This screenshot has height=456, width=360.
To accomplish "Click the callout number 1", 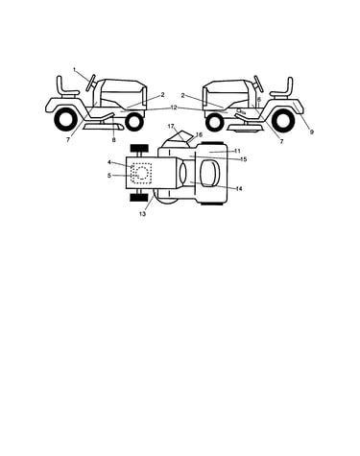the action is [75, 69].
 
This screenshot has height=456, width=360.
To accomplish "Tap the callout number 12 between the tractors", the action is [174, 108].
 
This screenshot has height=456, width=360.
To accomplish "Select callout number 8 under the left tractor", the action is [113, 140].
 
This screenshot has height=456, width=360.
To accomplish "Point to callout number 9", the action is [312, 132].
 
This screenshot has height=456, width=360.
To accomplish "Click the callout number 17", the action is [171, 127].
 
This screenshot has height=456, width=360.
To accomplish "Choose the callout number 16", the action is [199, 134].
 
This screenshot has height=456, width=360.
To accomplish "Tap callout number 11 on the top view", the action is [237, 151].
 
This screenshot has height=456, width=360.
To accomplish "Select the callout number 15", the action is [244, 159].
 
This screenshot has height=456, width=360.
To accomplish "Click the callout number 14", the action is [239, 189].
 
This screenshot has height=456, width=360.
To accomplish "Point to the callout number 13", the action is [142, 214].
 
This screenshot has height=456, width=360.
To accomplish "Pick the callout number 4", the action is [109, 162].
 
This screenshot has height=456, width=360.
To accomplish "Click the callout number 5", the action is [109, 176].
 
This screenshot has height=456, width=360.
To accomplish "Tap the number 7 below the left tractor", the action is [68, 140].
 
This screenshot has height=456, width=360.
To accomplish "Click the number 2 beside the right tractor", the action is [183, 95].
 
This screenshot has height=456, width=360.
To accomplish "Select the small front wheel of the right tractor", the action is [214, 123].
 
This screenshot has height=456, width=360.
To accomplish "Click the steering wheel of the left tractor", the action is [91, 83].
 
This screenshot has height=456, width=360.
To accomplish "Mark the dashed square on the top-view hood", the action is [141, 173].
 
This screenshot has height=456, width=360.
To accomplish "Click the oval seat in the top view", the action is [209, 173].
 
